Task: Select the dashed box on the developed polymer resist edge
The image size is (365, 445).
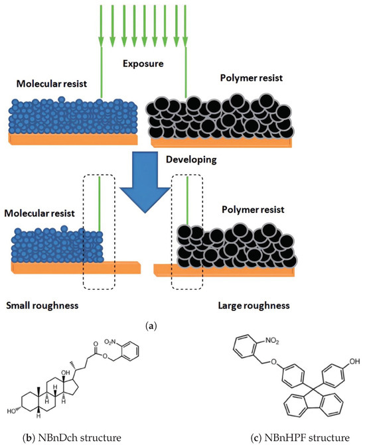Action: tap(187, 231)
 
